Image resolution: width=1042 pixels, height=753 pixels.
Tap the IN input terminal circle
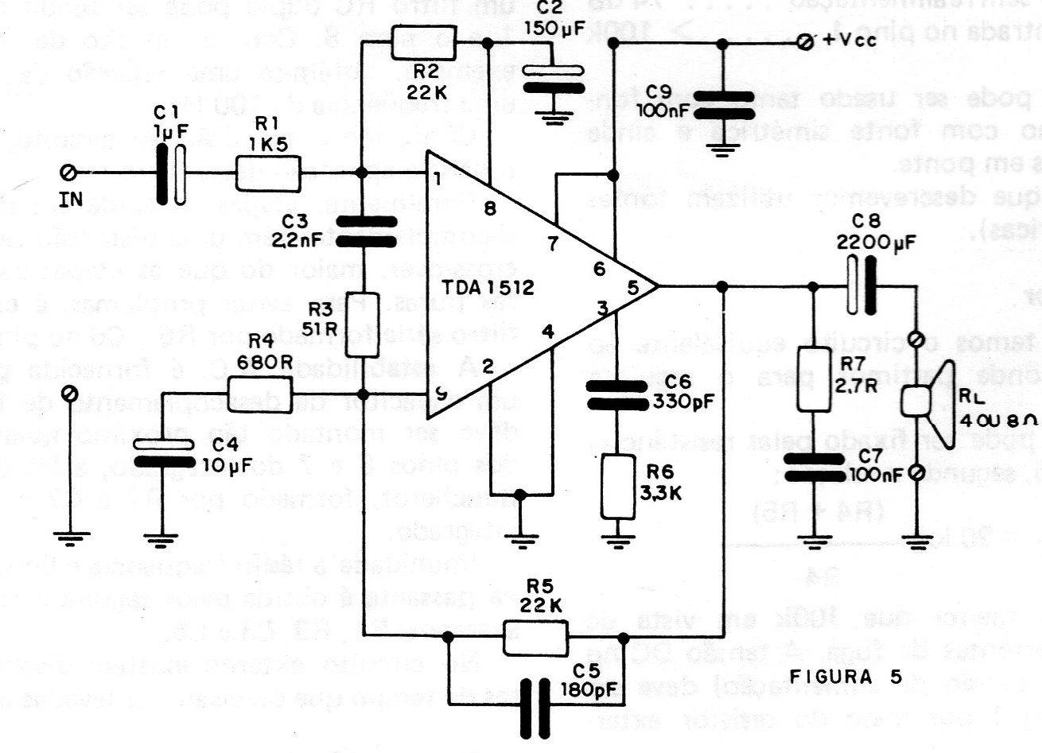pyautogui.click(x=69, y=173)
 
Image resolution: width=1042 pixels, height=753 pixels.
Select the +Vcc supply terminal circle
pyautogui.click(x=806, y=41)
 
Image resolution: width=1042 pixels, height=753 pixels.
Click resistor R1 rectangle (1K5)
pyautogui.click(x=267, y=173)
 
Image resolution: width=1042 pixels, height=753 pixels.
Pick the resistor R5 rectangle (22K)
pyautogui.click(x=535, y=636)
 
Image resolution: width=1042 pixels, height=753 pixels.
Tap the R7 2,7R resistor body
pyautogui.click(x=813, y=378)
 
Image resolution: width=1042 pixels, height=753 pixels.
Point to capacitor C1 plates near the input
pyautogui.click(x=174, y=173)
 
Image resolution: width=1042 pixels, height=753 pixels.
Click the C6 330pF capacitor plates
pyautogui.click(x=616, y=394)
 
